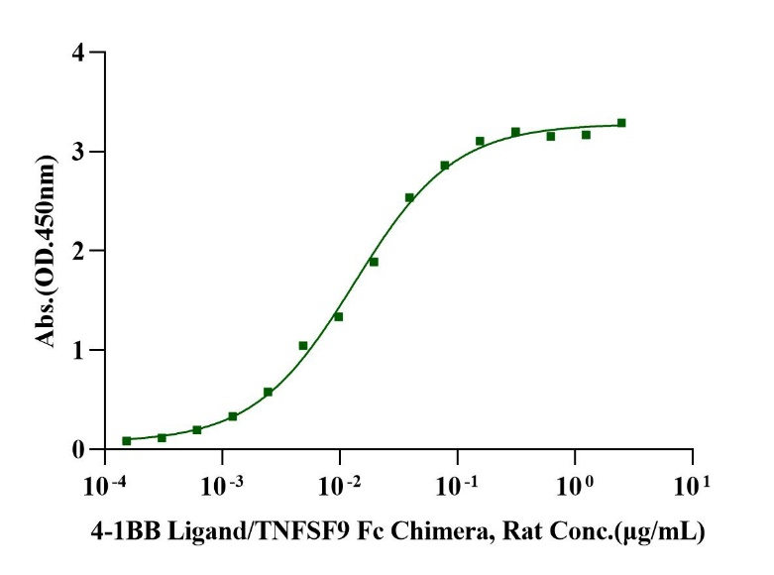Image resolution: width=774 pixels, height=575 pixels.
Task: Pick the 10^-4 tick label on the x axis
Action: pyautogui.click(x=104, y=487)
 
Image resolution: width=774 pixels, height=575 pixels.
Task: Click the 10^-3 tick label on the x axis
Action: pyautogui.click(x=222, y=487)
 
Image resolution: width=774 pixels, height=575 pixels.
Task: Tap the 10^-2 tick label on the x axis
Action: pyautogui.click(x=339, y=487)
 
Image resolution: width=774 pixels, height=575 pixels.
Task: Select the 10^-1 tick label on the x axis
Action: pyautogui.click(x=457, y=487)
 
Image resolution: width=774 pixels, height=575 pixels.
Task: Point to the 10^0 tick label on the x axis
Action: pyautogui.click(x=575, y=487)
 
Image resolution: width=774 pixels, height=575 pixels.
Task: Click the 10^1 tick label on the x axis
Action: pyautogui.click(x=692, y=487)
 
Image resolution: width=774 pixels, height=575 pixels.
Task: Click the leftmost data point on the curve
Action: pyautogui.click(x=127, y=440)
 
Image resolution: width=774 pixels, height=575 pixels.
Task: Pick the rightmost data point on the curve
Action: pyautogui.click(x=621, y=123)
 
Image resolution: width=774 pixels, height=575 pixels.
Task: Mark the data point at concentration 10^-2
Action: pyautogui.click(x=338, y=316)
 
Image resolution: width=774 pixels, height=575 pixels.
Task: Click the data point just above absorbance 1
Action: pyautogui.click(x=303, y=345)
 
